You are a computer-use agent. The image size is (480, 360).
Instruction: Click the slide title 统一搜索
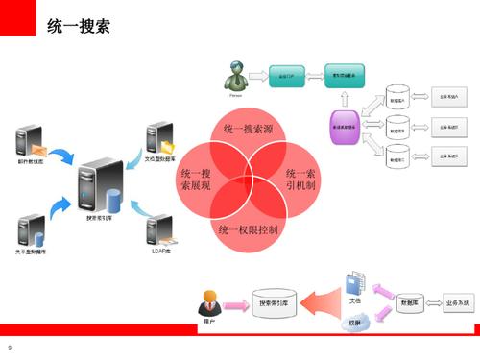(78, 26)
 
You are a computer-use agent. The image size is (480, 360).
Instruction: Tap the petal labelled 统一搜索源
(252, 132)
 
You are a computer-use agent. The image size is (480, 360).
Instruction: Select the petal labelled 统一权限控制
(249, 229)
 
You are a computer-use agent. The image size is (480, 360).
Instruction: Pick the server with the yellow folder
(156, 141)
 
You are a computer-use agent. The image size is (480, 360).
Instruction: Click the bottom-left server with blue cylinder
(31, 231)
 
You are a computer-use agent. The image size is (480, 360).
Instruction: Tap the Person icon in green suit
(236, 76)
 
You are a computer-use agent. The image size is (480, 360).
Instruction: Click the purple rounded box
(346, 127)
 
